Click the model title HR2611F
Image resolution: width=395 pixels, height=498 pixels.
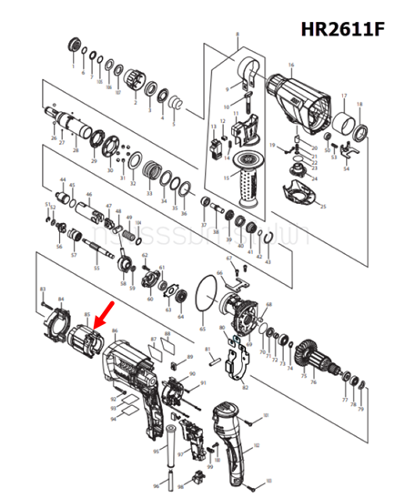point(340,29)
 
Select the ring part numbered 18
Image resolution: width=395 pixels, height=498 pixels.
point(361,132)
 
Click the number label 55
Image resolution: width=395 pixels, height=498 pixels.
point(97,269)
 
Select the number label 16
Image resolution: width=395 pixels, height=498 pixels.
point(291,66)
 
